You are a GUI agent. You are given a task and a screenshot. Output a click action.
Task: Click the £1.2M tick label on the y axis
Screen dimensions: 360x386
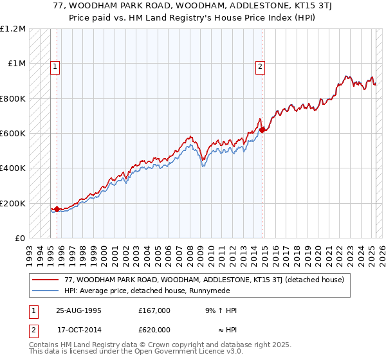point(13,29)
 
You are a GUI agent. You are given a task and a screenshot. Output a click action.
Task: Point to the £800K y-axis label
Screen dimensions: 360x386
point(13,99)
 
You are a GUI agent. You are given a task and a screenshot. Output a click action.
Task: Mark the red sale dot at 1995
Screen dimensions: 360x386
point(57,209)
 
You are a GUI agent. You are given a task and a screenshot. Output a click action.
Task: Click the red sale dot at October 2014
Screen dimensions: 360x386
point(262,130)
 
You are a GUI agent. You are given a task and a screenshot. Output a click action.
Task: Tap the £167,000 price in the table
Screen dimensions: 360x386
point(154,310)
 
